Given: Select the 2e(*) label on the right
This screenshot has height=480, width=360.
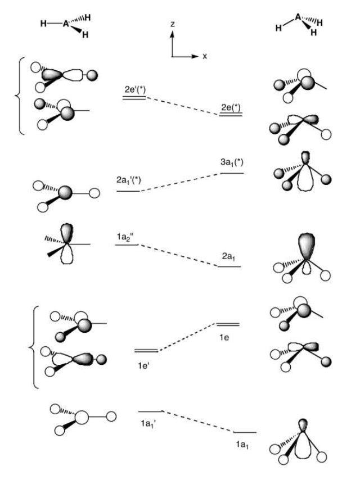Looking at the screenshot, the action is coord(231,107).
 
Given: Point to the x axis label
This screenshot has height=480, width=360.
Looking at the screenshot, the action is coord(205,57).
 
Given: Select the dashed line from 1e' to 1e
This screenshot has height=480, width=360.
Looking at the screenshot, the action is coord(187,337).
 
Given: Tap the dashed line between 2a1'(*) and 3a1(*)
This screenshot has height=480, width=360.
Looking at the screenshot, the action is coord(180,182).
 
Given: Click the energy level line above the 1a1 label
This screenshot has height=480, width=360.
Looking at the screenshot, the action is coord(245,432).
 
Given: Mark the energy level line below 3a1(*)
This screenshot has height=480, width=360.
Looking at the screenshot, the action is coord(232,174).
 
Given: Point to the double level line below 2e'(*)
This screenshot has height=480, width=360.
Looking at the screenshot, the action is coord(134,98).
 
